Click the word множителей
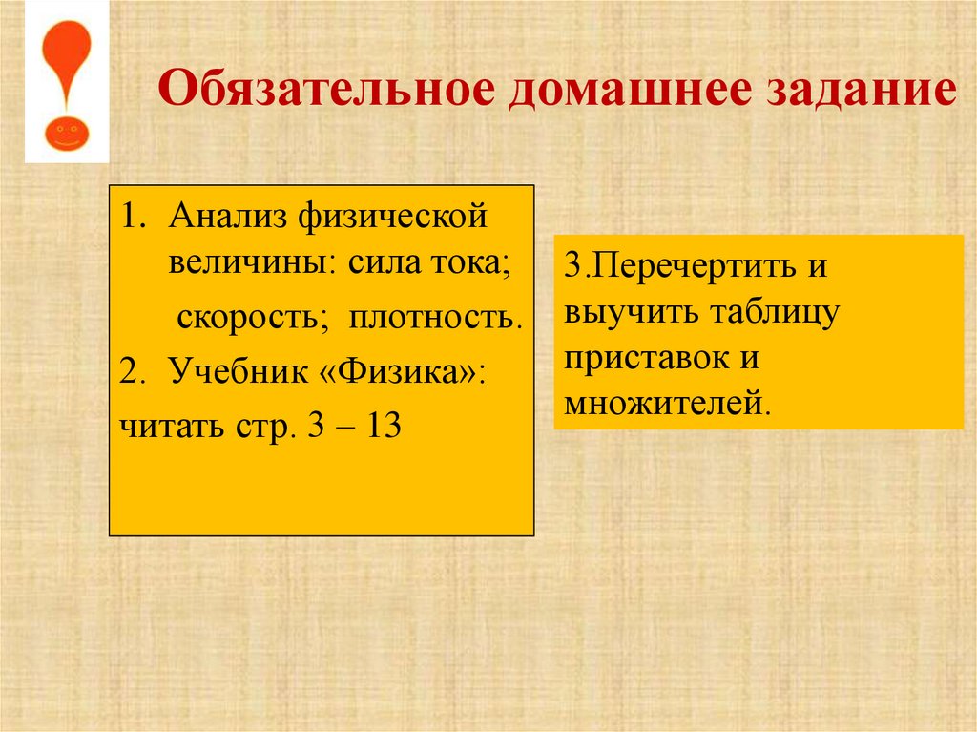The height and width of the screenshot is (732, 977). tap(665, 404)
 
